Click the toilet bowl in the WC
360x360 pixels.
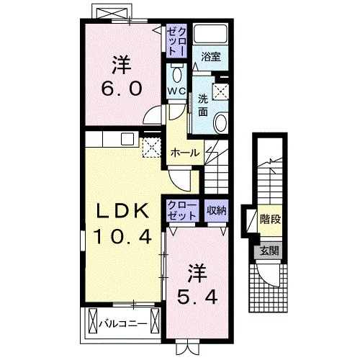click(177, 74)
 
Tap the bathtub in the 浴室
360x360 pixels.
click(211, 33)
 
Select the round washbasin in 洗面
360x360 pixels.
click(220, 123)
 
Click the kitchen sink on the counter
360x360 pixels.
click(127, 139)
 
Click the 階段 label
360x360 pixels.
click(271, 219)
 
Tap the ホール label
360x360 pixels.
click(185, 153)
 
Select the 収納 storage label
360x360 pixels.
click(217, 211)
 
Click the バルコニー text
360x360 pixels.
click(123, 323)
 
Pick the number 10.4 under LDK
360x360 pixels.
click(122, 236)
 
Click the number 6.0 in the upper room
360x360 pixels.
click(122, 89)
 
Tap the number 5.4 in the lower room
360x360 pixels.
click(197, 297)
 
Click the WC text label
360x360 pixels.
click(177, 91)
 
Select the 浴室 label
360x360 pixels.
click(211, 57)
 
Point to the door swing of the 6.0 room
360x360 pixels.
click(153, 115)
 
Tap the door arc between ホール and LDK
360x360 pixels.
click(179, 181)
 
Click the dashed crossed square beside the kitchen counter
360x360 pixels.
click(152, 148)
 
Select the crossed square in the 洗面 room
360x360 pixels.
click(220, 91)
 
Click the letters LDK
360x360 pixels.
click(122, 211)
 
